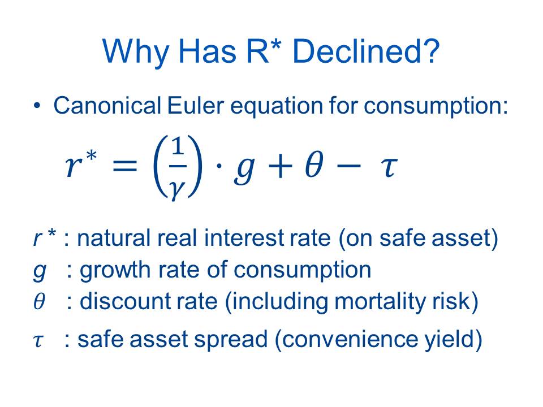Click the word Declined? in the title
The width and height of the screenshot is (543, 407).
click(x=366, y=51)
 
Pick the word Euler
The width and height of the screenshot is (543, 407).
click(x=195, y=105)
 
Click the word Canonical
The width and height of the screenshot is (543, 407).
click(x=107, y=105)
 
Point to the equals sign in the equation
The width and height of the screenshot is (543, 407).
click(x=125, y=166)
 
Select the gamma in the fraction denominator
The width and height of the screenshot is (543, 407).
click(x=177, y=189)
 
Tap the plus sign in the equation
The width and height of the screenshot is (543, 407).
click(x=279, y=166)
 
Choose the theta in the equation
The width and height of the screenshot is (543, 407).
click(x=314, y=164)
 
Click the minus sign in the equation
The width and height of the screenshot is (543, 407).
click(x=348, y=166)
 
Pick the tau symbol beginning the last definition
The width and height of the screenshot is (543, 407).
click(x=39, y=340)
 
